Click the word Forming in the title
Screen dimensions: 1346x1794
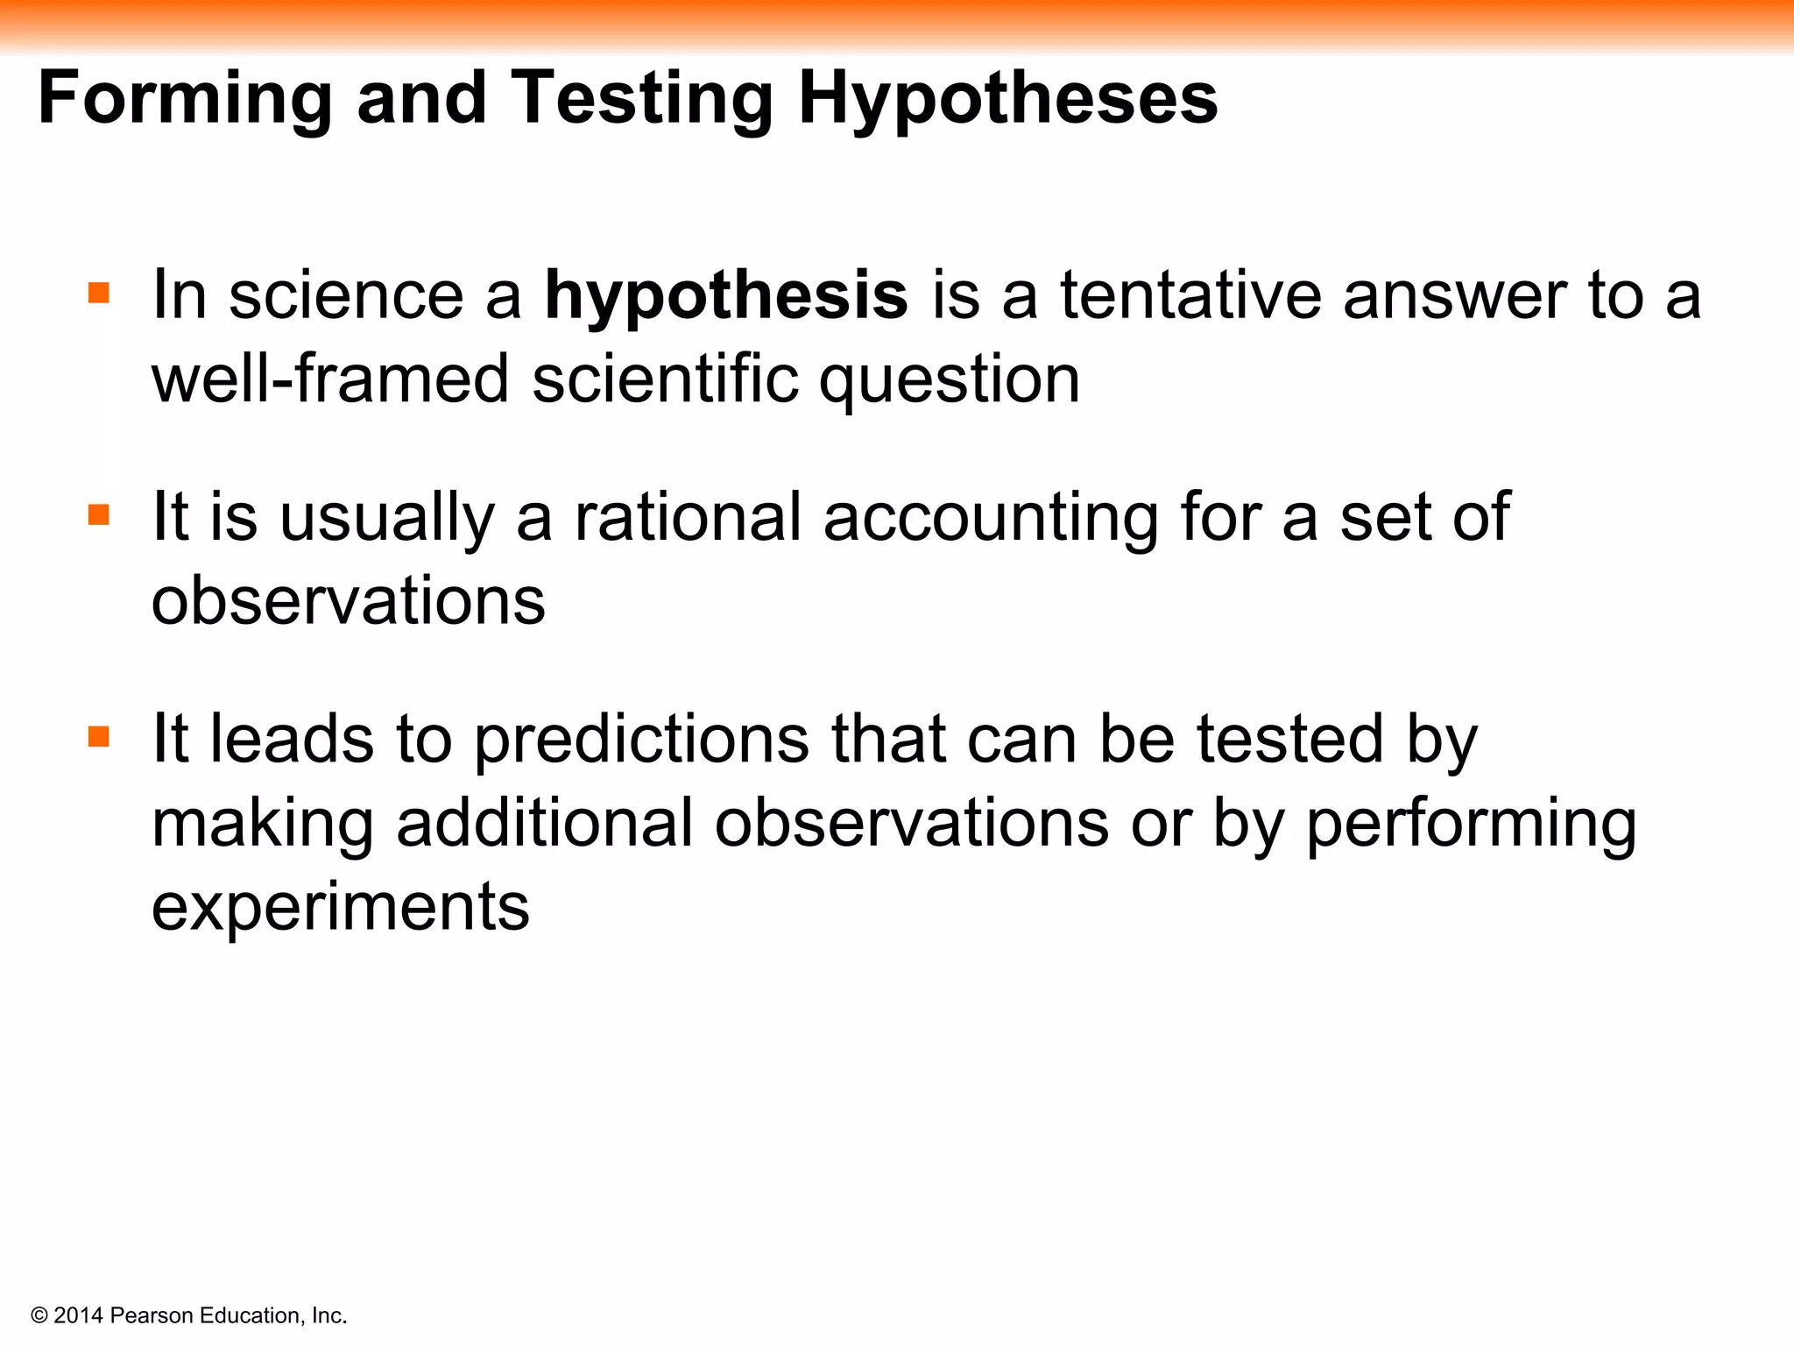point(185,99)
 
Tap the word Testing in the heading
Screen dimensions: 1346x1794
point(642,99)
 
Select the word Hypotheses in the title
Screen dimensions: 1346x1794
point(1007,99)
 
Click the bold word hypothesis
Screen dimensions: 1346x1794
point(726,296)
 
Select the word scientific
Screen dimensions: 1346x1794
point(665,379)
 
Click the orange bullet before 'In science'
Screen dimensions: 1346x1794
point(99,292)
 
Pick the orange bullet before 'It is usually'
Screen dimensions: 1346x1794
point(99,514)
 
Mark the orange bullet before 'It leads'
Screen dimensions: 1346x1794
point(99,736)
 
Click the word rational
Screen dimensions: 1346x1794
point(688,517)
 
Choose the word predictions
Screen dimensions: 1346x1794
point(642,740)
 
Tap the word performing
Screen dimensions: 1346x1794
point(1471,825)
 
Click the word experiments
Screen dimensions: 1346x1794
point(341,908)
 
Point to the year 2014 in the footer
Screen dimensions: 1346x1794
point(79,1315)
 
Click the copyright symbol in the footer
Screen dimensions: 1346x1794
point(39,1315)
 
